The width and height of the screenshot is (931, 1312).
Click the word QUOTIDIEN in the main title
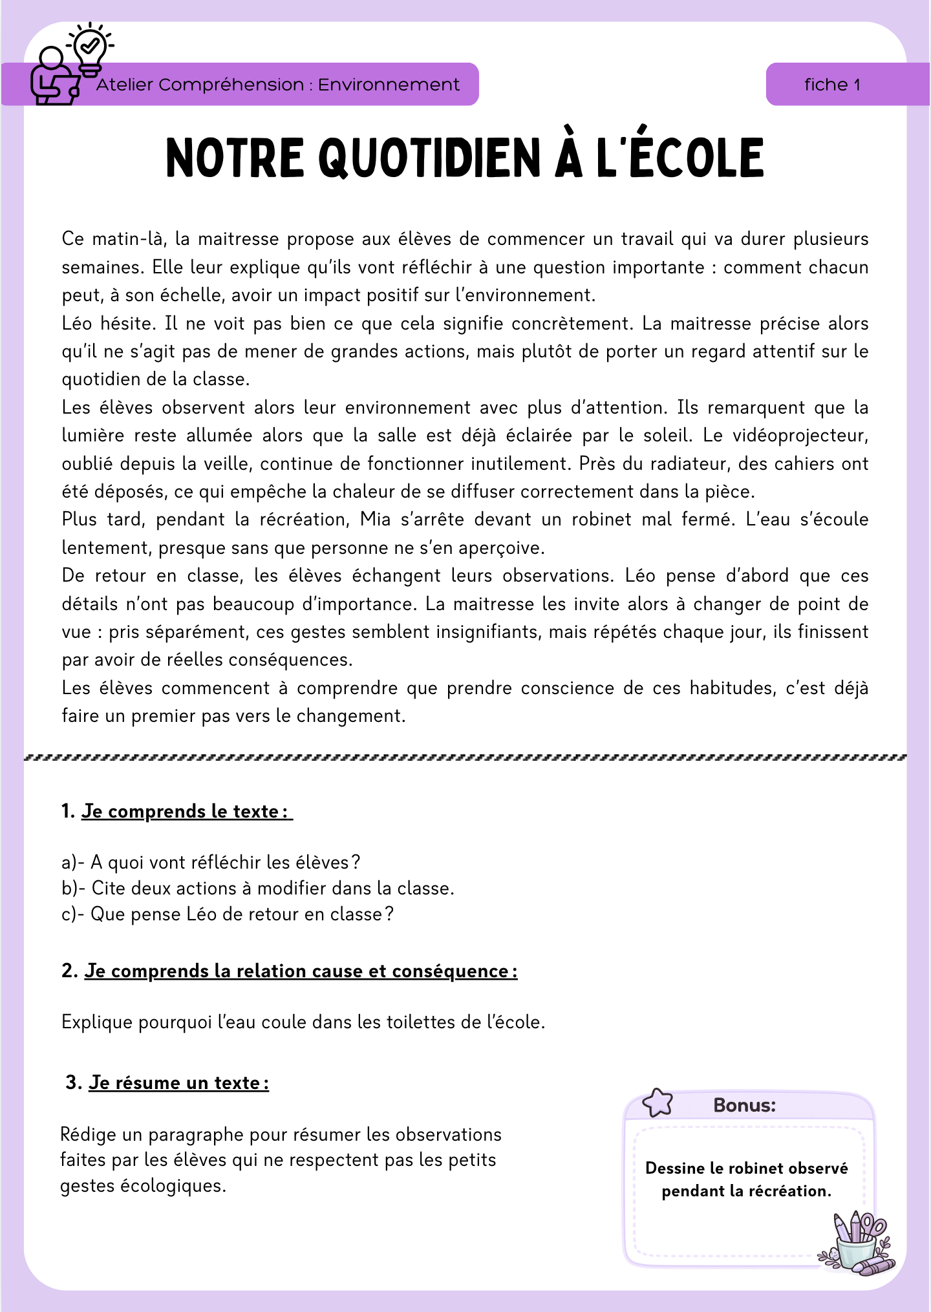pyautogui.click(x=430, y=158)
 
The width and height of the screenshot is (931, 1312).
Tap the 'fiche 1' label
pyautogui.click(x=832, y=85)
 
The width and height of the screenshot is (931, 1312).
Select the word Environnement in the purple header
pyautogui.click(x=389, y=85)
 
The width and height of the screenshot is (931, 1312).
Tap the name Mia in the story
pyautogui.click(x=376, y=520)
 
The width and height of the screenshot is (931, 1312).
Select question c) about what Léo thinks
pyautogui.click(x=228, y=914)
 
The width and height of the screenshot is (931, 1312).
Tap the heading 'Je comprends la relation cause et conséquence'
pyautogui.click(x=301, y=971)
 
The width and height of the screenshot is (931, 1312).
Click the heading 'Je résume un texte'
pyautogui.click(x=178, y=1083)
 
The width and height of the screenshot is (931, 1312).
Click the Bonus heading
pyautogui.click(x=744, y=1105)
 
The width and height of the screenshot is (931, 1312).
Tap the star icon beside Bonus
pyautogui.click(x=658, y=1102)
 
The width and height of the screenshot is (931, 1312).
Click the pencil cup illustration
pyautogui.click(x=858, y=1242)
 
